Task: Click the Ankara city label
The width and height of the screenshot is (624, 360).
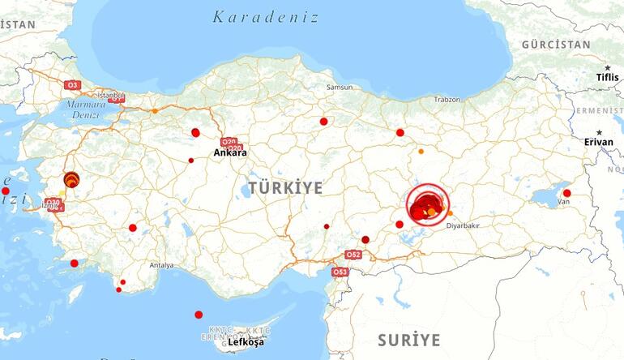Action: coord(230,152)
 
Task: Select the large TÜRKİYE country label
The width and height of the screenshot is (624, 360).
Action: coord(285,188)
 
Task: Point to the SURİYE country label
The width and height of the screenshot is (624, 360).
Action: coord(409,339)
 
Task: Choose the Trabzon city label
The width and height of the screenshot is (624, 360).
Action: coord(447,100)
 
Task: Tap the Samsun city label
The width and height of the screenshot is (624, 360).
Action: coord(340,87)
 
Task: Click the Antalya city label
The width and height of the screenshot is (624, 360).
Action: coord(161,265)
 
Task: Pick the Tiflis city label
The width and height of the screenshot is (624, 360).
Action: coord(607,77)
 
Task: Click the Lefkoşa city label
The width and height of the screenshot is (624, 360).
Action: coord(246,342)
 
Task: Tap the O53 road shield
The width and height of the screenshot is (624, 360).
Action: coord(340,272)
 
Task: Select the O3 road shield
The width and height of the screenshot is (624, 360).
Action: coord(73,84)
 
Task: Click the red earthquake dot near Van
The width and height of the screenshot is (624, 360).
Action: coord(567,193)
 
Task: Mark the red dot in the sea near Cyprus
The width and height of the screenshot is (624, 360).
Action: coord(199,315)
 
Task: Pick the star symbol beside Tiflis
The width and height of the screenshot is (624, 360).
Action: coord(607,67)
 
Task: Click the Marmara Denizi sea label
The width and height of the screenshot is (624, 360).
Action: coord(87,109)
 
